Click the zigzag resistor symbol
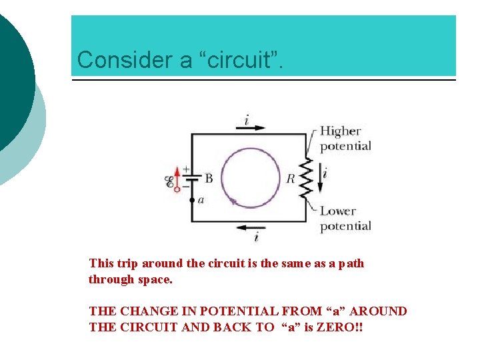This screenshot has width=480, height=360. (x=307, y=177)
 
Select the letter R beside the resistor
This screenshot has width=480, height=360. (x=291, y=178)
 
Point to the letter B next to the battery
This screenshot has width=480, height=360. (x=209, y=178)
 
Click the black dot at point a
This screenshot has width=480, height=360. (x=192, y=199)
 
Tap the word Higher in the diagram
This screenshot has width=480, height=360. (x=340, y=131)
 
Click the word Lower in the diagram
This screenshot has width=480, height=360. (x=338, y=211)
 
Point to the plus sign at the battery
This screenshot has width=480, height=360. (x=185, y=169)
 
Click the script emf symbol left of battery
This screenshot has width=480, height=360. (x=169, y=180)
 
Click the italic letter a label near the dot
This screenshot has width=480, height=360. (x=201, y=199)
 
